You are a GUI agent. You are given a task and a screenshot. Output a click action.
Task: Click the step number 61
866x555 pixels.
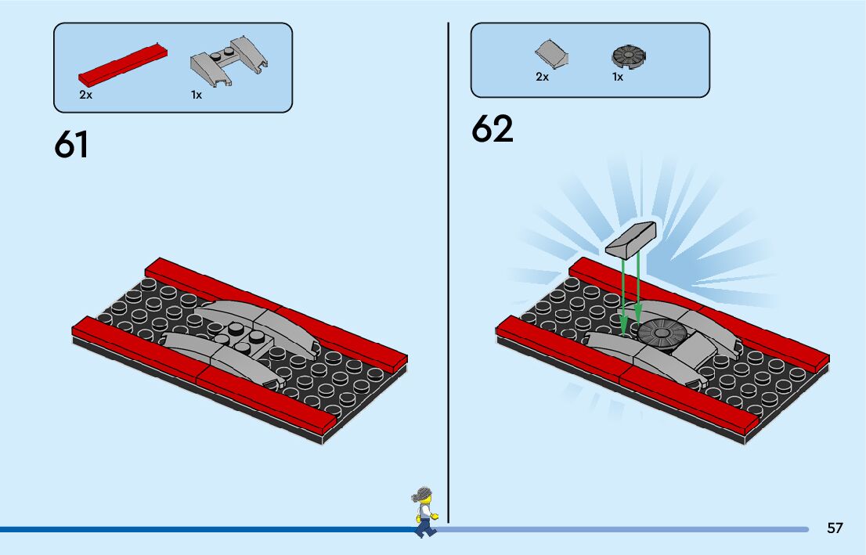point(71,145)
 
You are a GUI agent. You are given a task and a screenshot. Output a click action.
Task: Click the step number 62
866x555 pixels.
point(492,129)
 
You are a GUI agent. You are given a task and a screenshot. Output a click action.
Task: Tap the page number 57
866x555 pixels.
point(835,528)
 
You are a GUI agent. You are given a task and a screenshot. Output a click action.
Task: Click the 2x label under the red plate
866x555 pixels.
point(85,95)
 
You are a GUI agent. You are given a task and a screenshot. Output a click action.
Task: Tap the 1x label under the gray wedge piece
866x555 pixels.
point(196,95)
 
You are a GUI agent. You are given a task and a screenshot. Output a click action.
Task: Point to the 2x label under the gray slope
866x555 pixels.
point(542,77)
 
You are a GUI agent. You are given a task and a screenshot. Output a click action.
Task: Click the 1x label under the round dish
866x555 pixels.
point(618,77)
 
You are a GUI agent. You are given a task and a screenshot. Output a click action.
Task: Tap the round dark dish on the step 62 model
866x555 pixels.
point(661,333)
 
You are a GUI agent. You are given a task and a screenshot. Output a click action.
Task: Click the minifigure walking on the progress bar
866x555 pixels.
point(424,513)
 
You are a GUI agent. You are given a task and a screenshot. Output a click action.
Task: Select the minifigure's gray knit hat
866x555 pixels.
point(424,494)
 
